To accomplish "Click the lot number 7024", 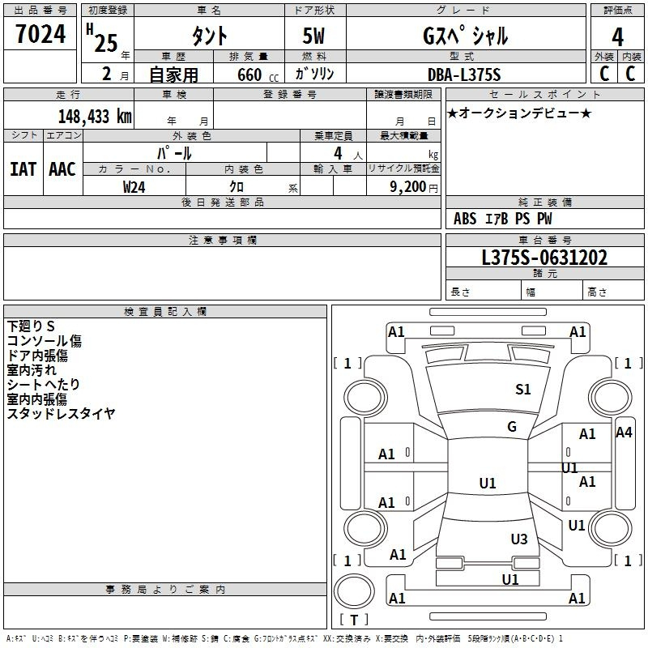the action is [40, 34].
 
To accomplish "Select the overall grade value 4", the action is [617, 37].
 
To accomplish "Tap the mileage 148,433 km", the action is [95, 117].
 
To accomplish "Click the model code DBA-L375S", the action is [464, 75].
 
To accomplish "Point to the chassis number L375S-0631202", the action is [544, 258].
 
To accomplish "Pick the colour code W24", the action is [134, 187].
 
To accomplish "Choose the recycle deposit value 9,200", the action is [408, 187].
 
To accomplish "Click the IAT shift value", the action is [23, 169].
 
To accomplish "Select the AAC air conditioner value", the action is [62, 169].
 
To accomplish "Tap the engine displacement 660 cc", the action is [258, 75].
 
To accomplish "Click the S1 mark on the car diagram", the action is [522, 389].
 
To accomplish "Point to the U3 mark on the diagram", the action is [519, 539].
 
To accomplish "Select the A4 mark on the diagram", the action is [624, 433].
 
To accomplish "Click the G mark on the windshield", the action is [512, 426].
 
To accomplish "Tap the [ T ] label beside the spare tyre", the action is [354, 620].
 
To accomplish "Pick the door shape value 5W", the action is [313, 36].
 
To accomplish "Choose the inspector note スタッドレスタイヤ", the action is [61, 413].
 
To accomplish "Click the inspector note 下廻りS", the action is [31, 326].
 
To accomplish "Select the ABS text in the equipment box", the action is [465, 219].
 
